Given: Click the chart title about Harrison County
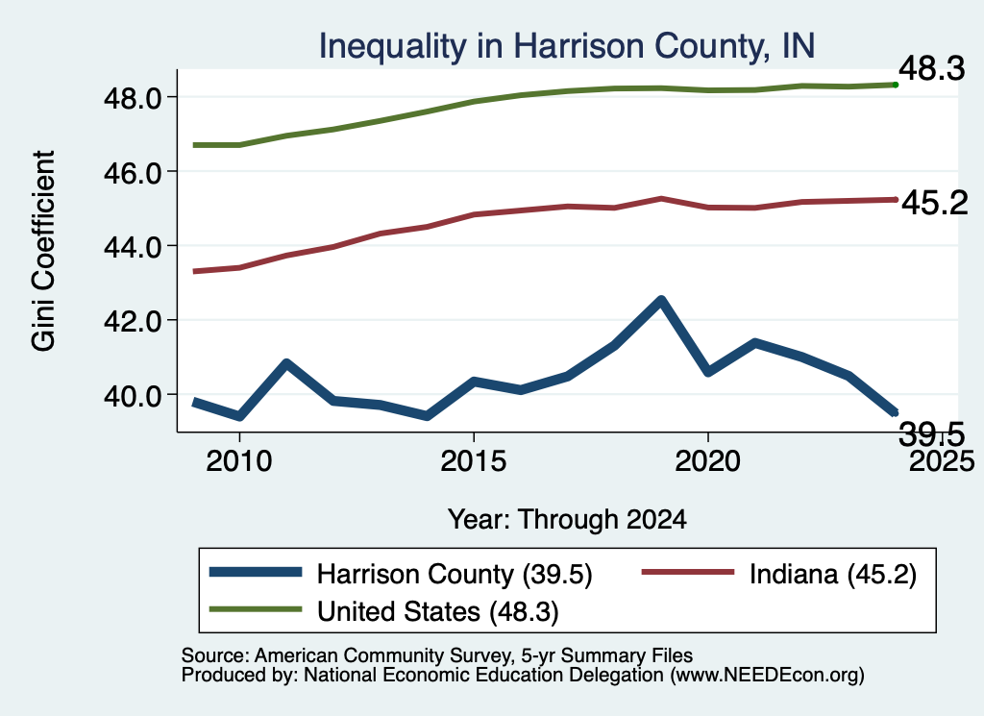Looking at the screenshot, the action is tap(567, 46).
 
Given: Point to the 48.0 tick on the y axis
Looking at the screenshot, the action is tap(133, 98).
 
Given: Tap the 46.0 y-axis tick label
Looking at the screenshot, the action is tap(133, 172).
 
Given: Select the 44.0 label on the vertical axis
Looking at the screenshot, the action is tap(133, 247).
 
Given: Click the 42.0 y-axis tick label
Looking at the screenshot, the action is tap(133, 321).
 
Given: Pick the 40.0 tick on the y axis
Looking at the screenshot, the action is tap(133, 395).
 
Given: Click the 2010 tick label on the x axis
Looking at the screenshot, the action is tap(239, 461).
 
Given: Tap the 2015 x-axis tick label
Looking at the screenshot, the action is tap(473, 461).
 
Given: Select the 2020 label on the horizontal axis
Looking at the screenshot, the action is tap(708, 461).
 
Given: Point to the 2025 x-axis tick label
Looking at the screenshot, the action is tap(942, 461).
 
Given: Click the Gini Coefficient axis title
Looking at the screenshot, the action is tap(44, 251).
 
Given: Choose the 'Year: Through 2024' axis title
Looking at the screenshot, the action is tap(567, 520).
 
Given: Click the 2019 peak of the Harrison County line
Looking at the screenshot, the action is tap(661, 300).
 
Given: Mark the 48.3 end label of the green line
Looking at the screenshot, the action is tap(931, 68).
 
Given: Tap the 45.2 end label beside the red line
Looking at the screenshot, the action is tap(934, 203).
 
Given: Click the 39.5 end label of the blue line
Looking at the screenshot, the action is tap(931, 433).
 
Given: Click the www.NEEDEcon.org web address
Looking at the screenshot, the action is tap(767, 676).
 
